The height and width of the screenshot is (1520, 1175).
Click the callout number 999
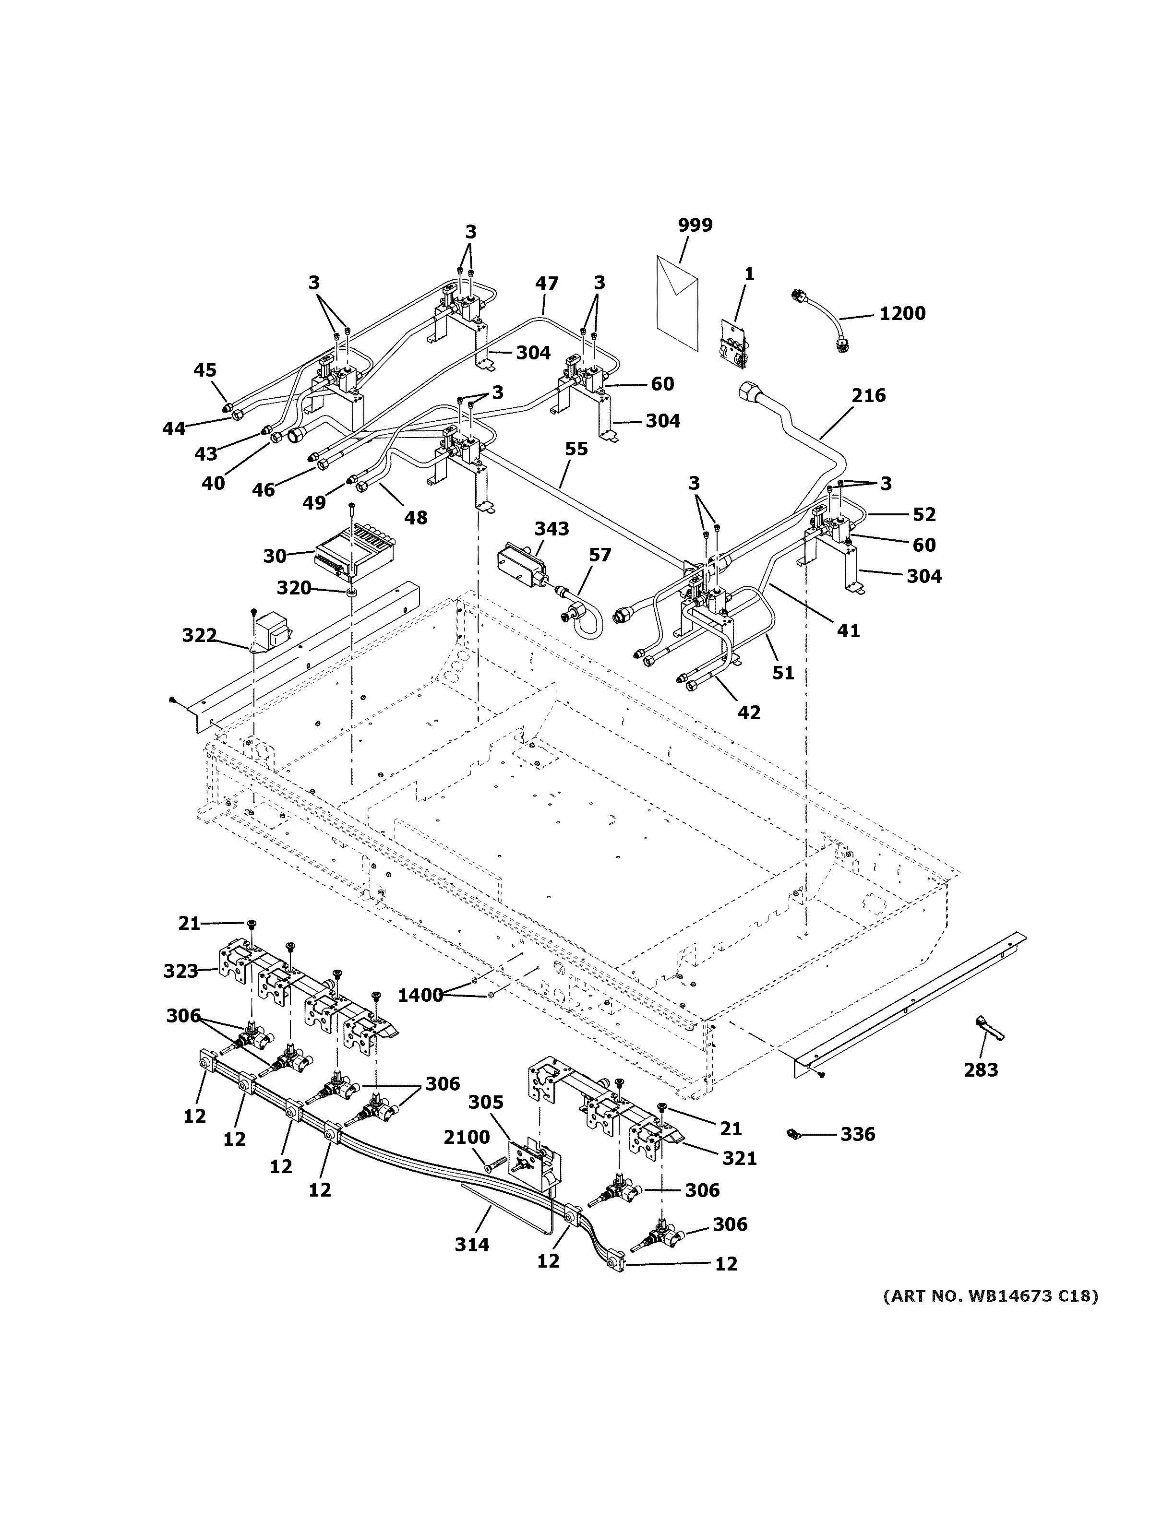coord(695,226)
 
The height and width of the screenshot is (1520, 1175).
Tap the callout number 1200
coord(902,314)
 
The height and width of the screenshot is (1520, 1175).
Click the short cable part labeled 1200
coord(821,321)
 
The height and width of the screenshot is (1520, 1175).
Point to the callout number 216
coord(868,396)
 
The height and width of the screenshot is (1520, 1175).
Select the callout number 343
coord(552,529)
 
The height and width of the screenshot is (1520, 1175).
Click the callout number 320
coord(294,589)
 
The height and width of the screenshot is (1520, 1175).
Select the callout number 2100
coord(467,1137)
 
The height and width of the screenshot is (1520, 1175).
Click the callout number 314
coord(472,1244)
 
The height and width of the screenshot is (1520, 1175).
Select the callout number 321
coord(739,1158)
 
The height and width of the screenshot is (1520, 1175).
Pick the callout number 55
coord(576,450)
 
